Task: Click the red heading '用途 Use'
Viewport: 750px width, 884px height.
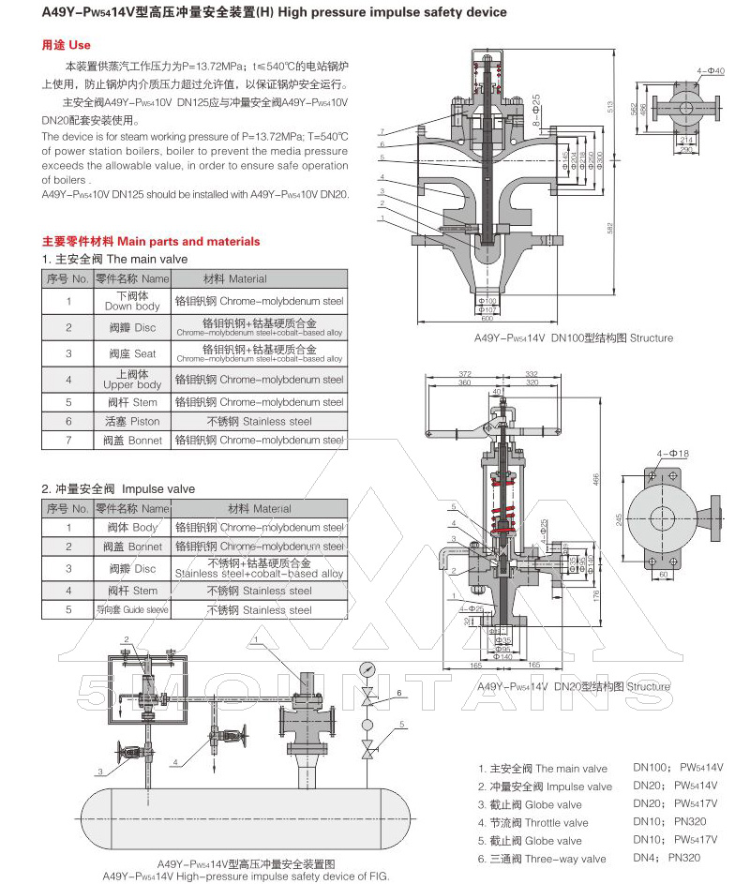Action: pyautogui.click(x=66, y=45)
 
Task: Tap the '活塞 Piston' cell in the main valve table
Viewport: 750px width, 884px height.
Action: pyautogui.click(x=131, y=422)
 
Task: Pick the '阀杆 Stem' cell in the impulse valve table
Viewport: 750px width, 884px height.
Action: pyautogui.click(x=131, y=591)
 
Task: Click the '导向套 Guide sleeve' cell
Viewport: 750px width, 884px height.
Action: pyautogui.click(x=131, y=610)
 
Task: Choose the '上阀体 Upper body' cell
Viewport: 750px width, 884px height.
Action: pyautogui.click(x=131, y=380)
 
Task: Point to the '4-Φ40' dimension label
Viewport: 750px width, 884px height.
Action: pyautogui.click(x=712, y=71)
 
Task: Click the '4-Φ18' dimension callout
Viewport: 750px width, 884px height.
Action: pyautogui.click(x=673, y=453)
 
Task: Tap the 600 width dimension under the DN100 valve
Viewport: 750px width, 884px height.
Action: pyautogui.click(x=487, y=318)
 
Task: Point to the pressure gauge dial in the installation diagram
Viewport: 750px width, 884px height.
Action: pyautogui.click(x=363, y=671)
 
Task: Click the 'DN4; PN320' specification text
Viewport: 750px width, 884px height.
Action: pyautogui.click(x=667, y=858)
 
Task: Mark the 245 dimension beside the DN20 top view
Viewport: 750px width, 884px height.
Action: pyautogui.click(x=618, y=518)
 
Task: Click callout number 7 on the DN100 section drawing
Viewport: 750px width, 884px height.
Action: pyautogui.click(x=382, y=131)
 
